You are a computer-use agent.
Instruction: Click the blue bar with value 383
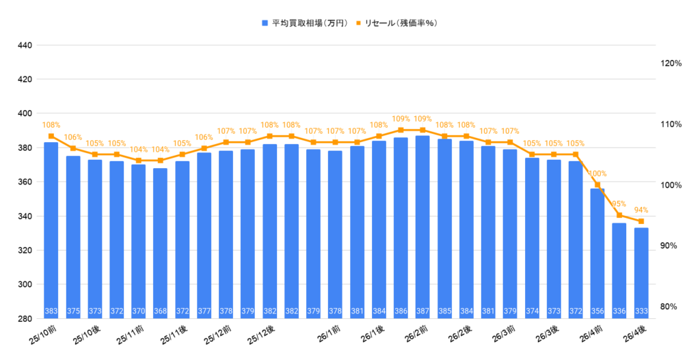coord(51,229)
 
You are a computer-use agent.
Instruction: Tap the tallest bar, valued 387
coord(422,225)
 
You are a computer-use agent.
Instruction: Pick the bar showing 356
coord(597,253)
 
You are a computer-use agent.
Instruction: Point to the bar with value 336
coord(619,270)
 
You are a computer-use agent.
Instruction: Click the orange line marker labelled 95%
coord(619,215)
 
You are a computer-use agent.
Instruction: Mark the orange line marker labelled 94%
coord(641,221)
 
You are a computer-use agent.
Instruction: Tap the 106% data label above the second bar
coord(73,137)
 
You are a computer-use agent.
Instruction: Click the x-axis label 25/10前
coord(43,335)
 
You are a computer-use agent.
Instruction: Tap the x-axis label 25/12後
coord(262,335)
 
